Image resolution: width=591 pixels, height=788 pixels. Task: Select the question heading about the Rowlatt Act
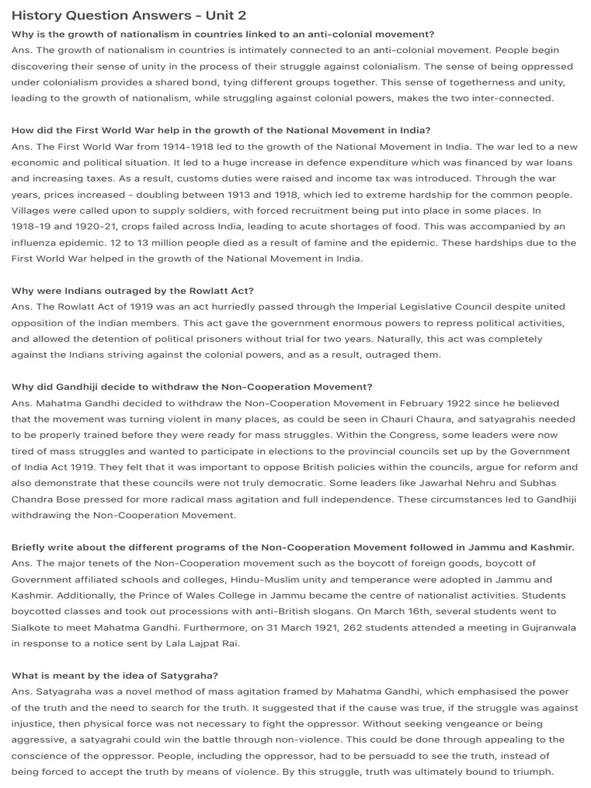pos(132,290)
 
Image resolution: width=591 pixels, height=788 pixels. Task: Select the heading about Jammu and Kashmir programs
pos(293,547)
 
